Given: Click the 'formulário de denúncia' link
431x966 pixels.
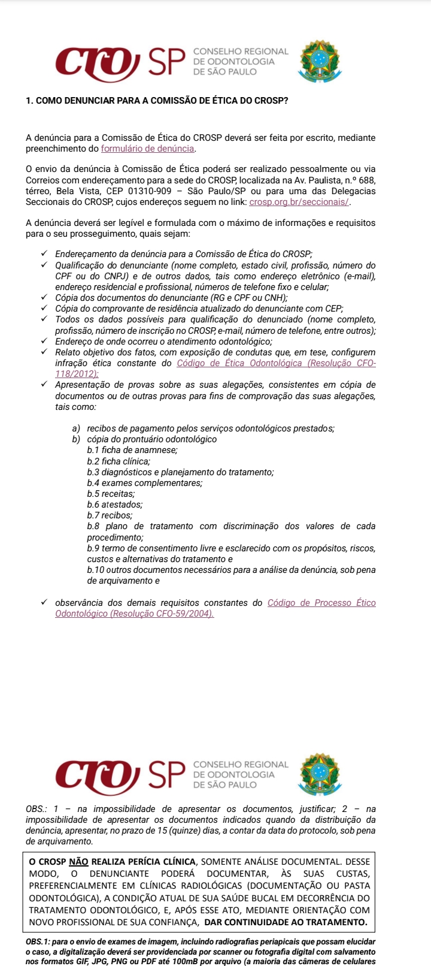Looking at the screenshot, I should (x=148, y=149).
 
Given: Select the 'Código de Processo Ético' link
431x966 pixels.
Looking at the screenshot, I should (x=321, y=603).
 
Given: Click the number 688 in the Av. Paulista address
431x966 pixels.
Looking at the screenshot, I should (x=366, y=180).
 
